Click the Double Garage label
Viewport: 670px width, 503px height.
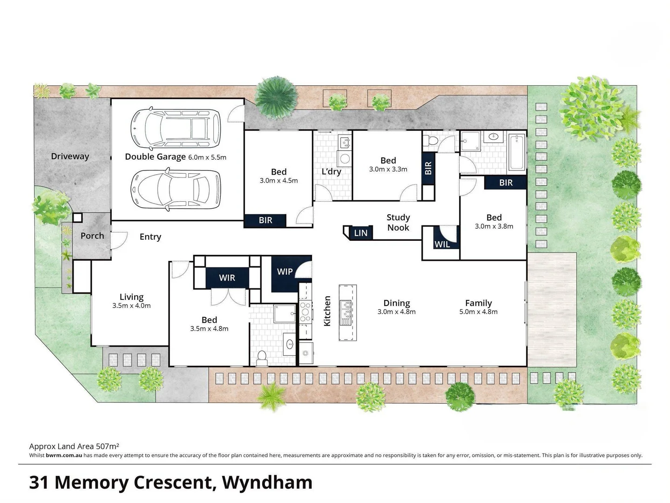155,157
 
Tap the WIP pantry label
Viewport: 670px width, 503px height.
284,272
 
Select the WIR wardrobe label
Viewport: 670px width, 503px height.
227,278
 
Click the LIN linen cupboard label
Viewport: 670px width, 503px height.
360,233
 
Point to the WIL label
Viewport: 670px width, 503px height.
442,244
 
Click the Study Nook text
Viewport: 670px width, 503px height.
398,223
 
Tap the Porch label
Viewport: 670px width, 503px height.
92,236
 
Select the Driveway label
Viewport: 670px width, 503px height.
70,156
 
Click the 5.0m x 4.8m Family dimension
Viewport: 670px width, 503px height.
478,312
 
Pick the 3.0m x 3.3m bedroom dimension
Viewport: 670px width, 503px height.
388,170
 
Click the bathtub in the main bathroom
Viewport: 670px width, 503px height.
517,152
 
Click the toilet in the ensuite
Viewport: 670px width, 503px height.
261,357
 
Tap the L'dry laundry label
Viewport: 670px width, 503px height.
332,172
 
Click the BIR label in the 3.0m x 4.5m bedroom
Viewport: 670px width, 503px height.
265,220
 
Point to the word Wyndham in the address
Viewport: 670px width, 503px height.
267,483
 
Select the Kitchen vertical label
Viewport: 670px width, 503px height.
327,311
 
